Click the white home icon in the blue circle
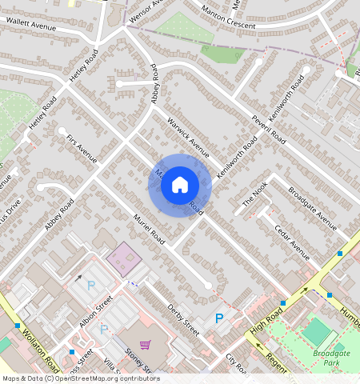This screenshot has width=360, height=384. [179, 185]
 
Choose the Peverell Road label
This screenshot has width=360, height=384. [268, 128]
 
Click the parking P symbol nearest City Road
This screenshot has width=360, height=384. [219, 318]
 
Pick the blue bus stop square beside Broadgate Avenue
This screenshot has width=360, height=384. [340, 253]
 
